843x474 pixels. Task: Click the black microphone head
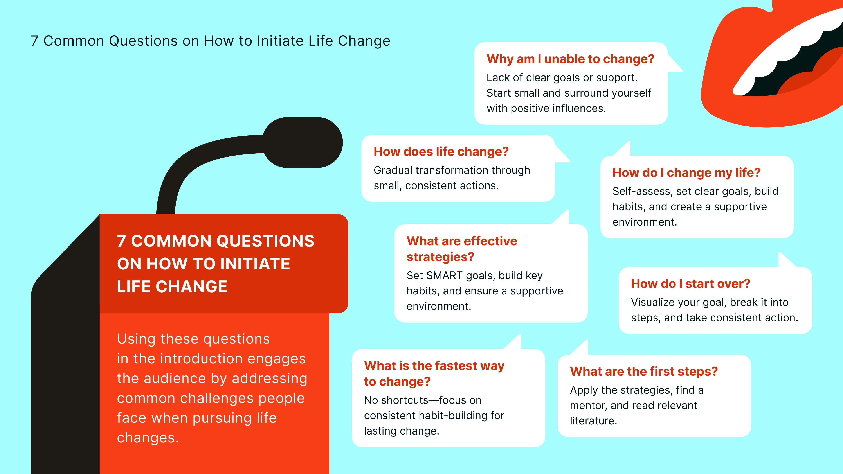[303, 143]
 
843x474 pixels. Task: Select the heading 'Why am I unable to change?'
[570, 59]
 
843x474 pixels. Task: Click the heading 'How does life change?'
[441, 152]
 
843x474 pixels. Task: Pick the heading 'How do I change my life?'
[686, 173]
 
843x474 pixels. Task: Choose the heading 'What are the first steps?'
[643, 372]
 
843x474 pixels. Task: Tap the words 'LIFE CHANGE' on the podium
[172, 287]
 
